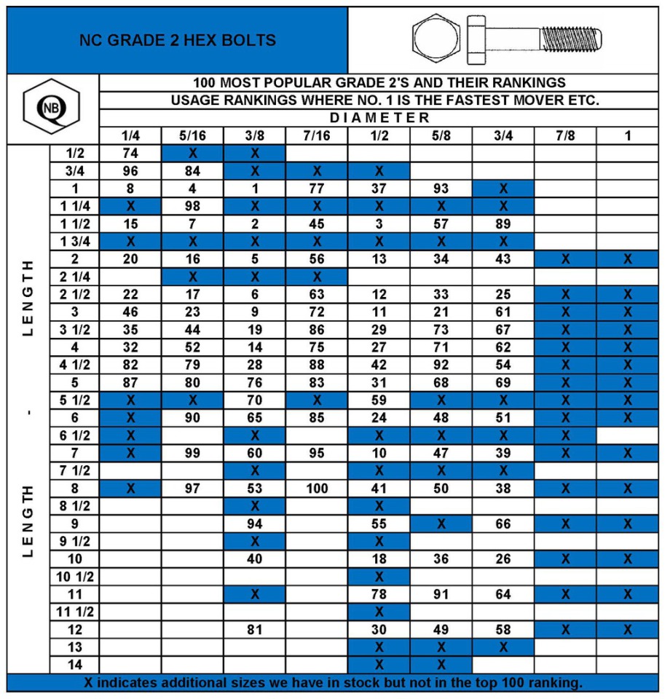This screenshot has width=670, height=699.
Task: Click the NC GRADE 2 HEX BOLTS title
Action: (x=178, y=40)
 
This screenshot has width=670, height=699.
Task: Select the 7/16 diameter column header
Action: (x=317, y=136)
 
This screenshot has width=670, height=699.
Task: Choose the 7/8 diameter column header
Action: (x=566, y=136)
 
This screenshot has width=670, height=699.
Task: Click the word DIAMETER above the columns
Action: (x=379, y=118)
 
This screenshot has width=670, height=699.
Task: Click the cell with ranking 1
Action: (x=255, y=188)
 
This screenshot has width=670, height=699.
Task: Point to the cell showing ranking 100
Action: (x=317, y=489)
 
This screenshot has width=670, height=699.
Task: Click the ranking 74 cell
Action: (x=130, y=153)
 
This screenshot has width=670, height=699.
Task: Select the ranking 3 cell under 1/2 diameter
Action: (x=379, y=224)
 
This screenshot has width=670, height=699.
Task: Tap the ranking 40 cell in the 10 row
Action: (x=255, y=559)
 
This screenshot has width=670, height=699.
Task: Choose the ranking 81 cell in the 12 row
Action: (x=255, y=629)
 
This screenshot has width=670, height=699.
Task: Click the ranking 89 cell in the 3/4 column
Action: (x=503, y=224)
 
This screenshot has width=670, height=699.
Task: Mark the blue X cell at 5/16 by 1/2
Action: (x=192, y=153)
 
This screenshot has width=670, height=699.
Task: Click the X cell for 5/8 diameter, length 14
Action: (x=441, y=664)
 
